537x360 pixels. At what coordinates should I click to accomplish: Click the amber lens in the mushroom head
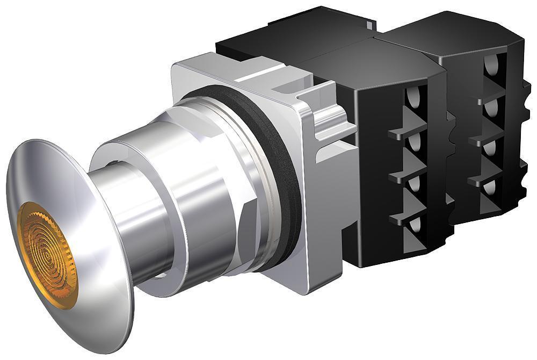coord(47,255)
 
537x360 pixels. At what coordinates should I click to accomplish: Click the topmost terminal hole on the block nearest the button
coord(412,97)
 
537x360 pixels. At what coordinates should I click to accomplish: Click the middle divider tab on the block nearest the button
coord(408,175)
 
